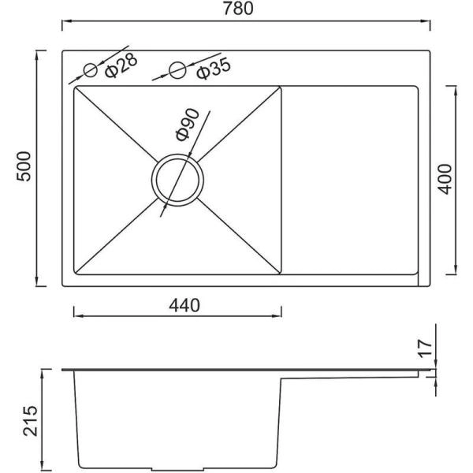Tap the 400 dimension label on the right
point(445,180)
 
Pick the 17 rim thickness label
point(425,348)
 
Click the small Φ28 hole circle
point(91,70)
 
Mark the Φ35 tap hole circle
point(179,70)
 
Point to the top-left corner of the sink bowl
point(75,87)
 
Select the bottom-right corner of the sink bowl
point(281,276)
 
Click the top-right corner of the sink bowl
point(281,87)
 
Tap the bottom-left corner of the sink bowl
point(75,276)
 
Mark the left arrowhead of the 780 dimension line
point(65,20)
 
